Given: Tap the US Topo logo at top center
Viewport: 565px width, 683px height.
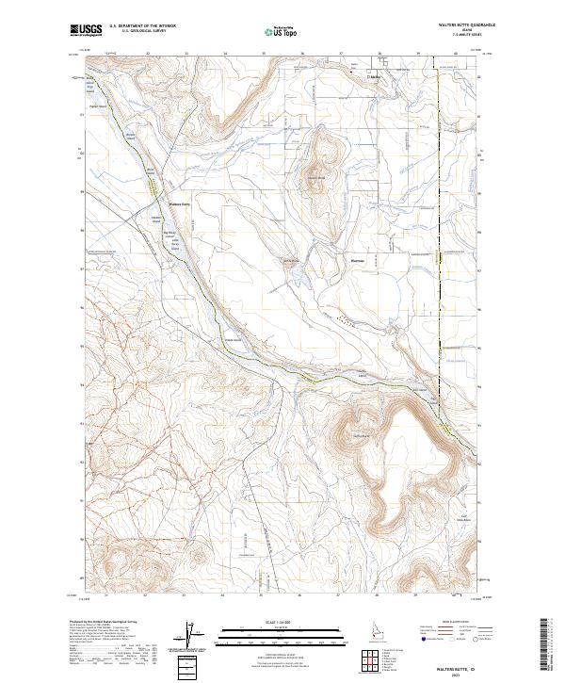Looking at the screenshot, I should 282,31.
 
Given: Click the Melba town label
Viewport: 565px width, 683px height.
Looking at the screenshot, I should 374,74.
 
